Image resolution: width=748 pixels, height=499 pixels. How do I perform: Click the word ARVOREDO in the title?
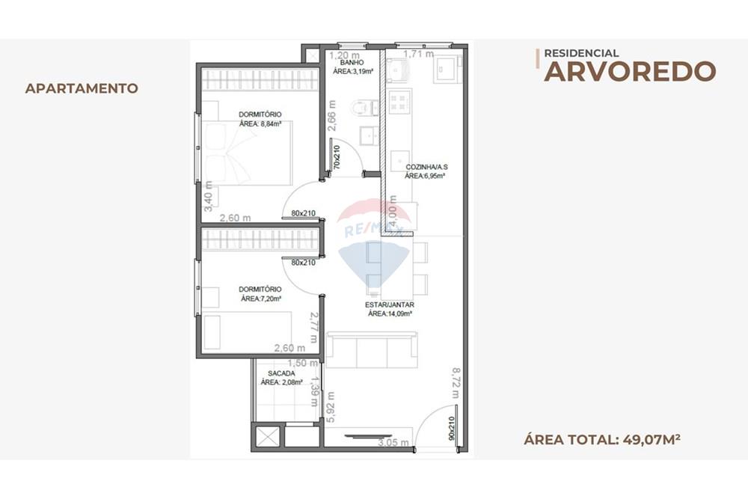click(x=630, y=71)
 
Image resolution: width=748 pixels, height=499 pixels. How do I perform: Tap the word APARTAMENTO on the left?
click(x=82, y=88)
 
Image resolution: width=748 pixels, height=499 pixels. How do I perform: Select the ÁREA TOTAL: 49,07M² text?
click(x=601, y=439)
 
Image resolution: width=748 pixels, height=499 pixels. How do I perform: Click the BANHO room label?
click(x=352, y=63)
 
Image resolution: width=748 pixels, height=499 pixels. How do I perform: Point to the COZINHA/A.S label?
click(x=425, y=167)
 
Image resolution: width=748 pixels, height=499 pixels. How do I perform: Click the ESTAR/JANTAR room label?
click(x=390, y=305)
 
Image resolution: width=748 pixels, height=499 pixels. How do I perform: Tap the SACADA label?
click(x=281, y=373)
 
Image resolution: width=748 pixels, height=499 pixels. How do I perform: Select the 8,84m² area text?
click(x=260, y=123)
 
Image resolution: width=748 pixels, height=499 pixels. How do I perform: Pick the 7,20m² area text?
click(x=260, y=299)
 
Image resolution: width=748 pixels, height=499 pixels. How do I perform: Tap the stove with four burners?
click(x=399, y=101)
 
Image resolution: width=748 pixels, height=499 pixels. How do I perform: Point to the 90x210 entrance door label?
click(x=451, y=429)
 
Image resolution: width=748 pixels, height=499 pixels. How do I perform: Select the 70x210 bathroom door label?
click(x=337, y=156)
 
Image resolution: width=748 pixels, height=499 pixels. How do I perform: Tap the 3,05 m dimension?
click(x=393, y=443)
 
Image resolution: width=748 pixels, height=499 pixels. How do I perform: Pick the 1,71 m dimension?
click(x=418, y=54)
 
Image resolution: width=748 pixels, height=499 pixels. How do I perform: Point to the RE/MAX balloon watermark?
click(x=374, y=239)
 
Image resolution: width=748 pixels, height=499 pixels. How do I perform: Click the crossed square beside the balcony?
click(x=267, y=436)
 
